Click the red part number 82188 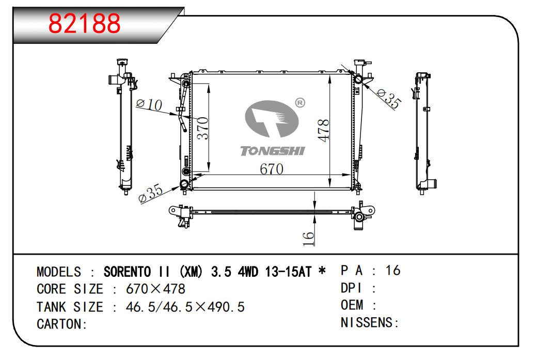point(85,23)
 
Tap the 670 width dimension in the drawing point(272,169)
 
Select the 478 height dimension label point(323,130)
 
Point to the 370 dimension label point(203,128)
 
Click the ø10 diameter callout point(149,104)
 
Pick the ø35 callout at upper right point(388,98)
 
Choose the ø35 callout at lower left point(151,193)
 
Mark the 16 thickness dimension point(308,238)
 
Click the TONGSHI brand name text point(273,151)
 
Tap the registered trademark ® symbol point(300,103)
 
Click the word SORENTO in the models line point(127,272)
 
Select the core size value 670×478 point(155,289)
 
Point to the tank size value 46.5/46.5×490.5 point(185,307)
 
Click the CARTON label point(62,324)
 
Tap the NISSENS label point(370,322)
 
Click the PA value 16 point(393,271)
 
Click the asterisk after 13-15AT point(322,271)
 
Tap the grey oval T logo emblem point(272,119)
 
